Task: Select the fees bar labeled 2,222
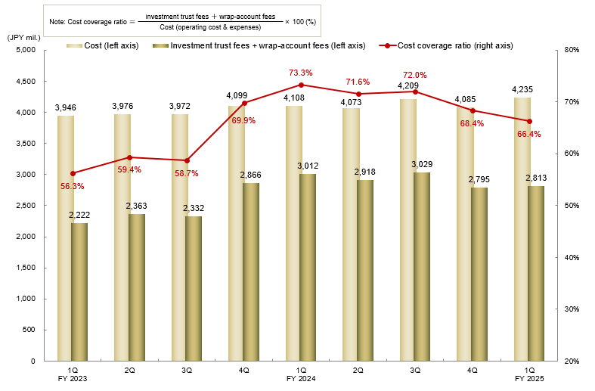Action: pos(79,292)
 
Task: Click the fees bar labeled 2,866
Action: pos(251,272)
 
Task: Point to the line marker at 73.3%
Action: pos(301,85)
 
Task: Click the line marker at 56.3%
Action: pos(73,173)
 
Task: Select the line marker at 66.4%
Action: pos(529,121)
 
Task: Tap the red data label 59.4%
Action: pos(129,169)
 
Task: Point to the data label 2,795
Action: pos(480,178)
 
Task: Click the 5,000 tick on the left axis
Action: pos(26,50)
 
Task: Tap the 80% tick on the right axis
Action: pos(572,50)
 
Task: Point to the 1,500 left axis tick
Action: pos(26,268)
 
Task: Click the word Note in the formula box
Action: pos(57,22)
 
